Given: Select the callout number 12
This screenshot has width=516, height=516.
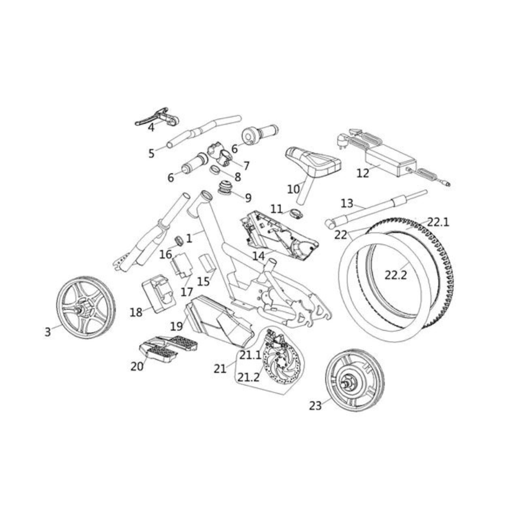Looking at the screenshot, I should (x=363, y=173).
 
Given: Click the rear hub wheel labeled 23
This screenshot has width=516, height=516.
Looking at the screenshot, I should (x=355, y=380).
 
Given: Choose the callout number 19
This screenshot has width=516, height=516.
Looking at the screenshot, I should (x=176, y=326).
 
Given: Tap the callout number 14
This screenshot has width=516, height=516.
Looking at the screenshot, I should (x=258, y=256).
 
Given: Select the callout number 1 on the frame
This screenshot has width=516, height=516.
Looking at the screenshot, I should (x=189, y=237).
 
